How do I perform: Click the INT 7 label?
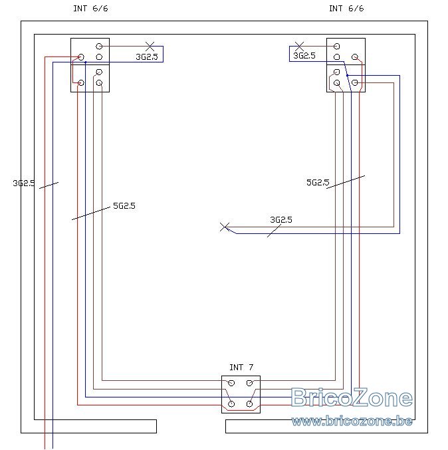241,368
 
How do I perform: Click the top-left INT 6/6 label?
90,9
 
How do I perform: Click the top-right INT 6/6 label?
346,9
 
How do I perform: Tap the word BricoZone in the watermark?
352,397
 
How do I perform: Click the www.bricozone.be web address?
352,421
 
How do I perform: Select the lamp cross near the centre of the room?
225,227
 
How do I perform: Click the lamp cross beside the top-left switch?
150,47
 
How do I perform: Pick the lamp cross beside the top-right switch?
299,47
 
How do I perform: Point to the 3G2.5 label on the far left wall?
24,183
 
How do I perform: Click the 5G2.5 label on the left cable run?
124,206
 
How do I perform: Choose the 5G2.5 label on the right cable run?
318,183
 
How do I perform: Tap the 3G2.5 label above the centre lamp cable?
281,220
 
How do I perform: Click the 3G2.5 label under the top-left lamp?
147,56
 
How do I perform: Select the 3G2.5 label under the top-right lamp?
304,56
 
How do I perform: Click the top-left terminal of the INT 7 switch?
231,383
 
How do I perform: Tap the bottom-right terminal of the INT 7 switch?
249,404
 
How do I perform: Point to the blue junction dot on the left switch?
86,62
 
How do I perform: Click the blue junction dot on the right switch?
347,76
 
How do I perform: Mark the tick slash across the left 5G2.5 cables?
90,213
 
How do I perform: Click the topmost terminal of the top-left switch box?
99,47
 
